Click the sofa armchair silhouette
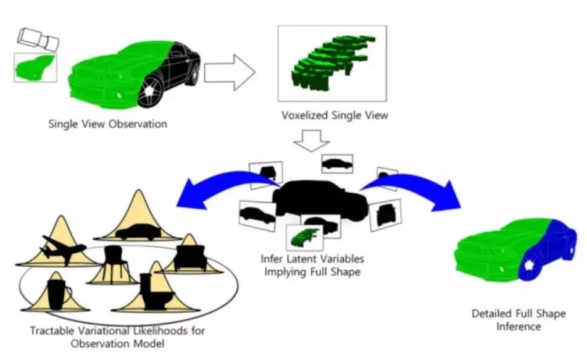click(190, 256)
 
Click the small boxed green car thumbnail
click(35, 67)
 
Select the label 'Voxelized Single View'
click(335, 115)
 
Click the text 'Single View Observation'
click(107, 124)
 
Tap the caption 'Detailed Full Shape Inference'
click(518, 320)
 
